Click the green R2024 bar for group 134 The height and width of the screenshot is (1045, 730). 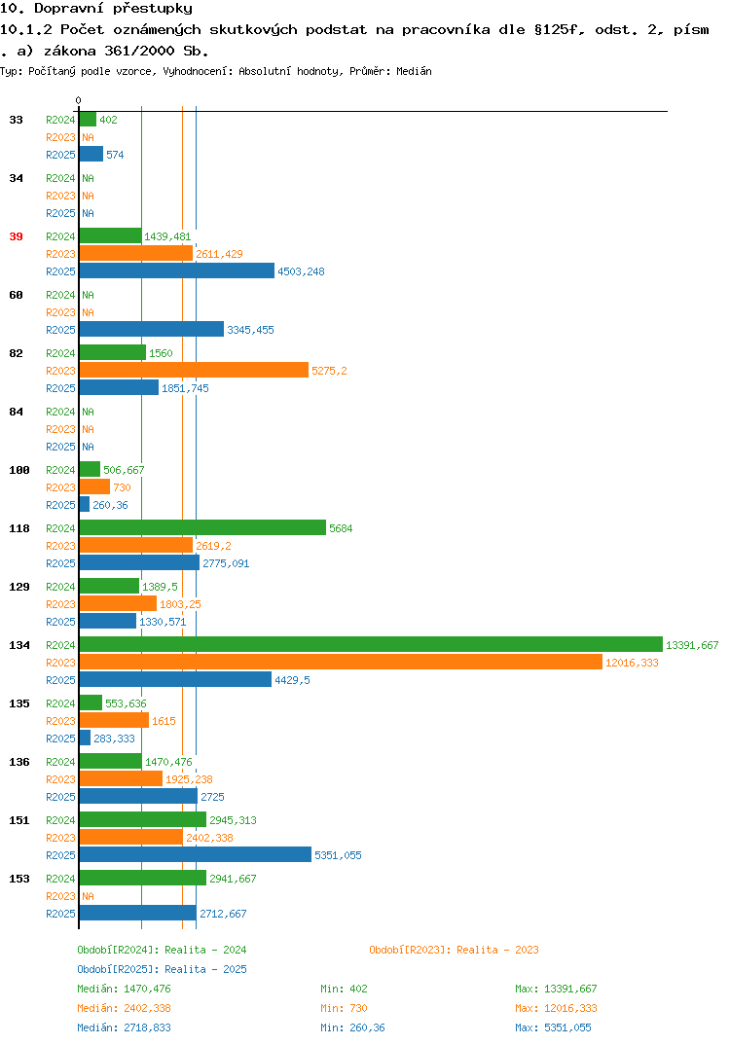click(371, 644)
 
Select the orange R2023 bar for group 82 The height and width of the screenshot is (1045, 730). click(194, 370)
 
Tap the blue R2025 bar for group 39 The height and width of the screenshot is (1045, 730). click(177, 270)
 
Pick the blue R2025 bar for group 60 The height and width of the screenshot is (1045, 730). click(151, 329)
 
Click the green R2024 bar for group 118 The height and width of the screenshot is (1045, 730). click(202, 527)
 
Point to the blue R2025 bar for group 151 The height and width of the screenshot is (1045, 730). click(196, 854)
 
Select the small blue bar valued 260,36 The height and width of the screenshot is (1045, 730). click(84, 505)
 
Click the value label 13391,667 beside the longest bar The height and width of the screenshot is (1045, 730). click(692, 645)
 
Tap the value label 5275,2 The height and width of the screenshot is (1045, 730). click(329, 371)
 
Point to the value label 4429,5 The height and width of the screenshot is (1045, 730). click(292, 680)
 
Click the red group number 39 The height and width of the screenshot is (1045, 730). click(16, 236)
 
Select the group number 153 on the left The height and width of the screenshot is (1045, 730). click(19, 879)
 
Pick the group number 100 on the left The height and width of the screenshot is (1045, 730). click(19, 470)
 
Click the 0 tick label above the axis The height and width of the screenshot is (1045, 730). click(78, 100)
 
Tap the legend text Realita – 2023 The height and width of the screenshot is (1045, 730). click(497, 950)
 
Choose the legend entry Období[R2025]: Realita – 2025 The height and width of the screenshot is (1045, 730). click(162, 969)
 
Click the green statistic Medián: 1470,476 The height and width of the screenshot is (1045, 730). click(124, 989)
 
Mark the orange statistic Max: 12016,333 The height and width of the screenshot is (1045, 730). click(556, 1008)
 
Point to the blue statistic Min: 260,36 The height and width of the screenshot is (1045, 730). click(352, 1027)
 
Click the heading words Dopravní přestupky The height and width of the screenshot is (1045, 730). click(113, 8)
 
